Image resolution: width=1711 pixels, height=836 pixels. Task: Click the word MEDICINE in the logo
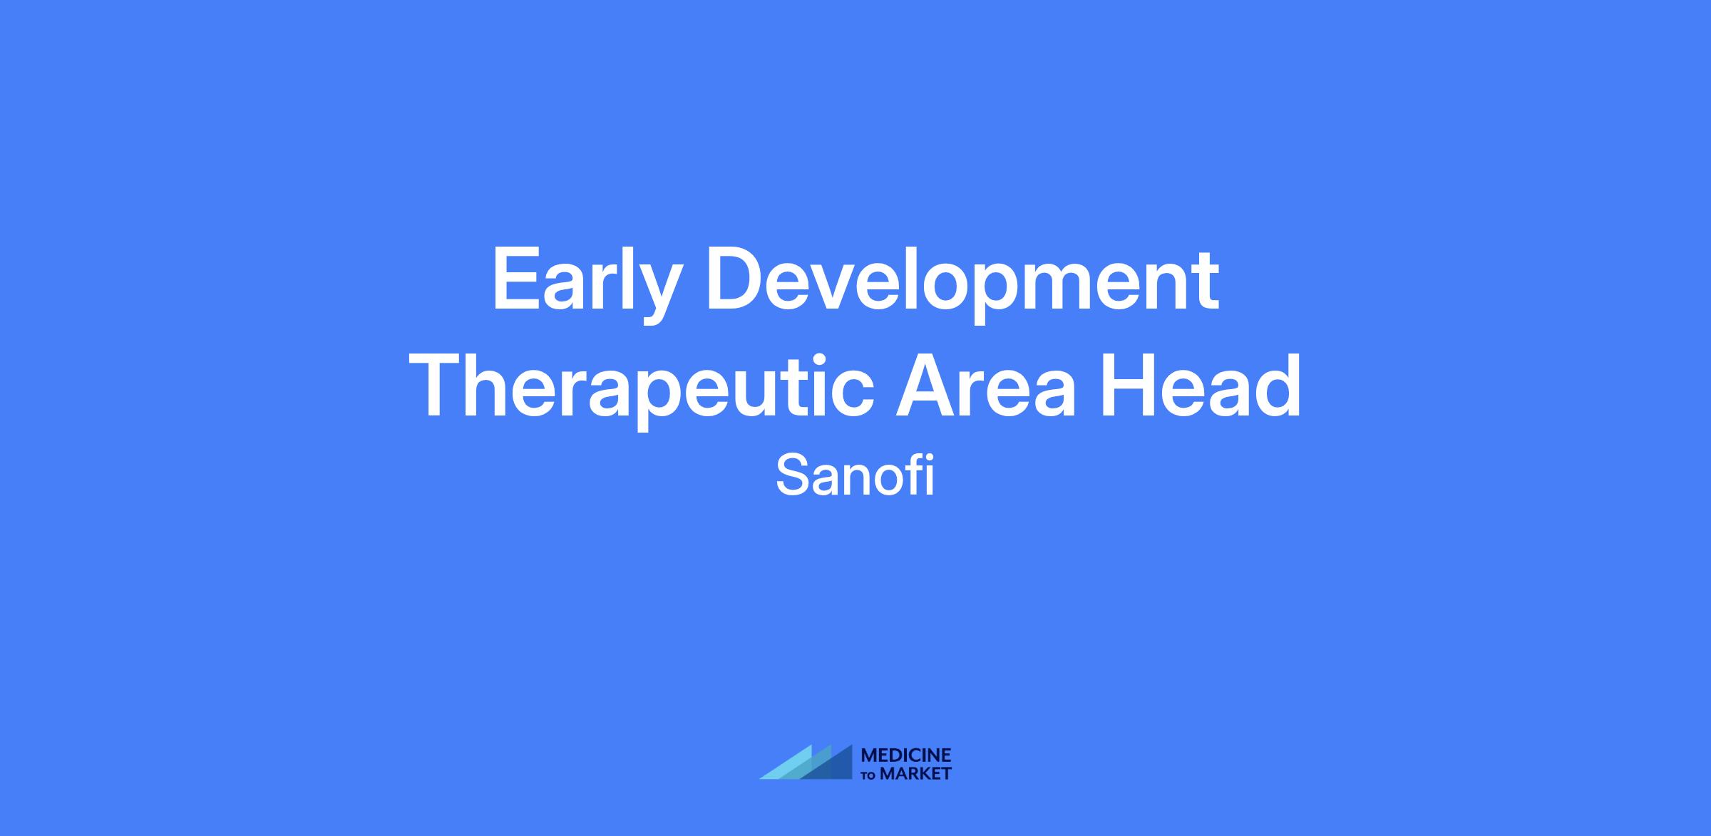tap(906, 755)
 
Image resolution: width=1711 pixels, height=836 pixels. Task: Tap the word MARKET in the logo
tap(915, 773)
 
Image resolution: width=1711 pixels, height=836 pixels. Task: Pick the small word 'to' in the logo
tap(869, 775)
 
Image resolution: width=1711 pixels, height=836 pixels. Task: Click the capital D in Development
tap(735, 279)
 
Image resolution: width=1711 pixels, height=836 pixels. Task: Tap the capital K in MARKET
tap(920, 773)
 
